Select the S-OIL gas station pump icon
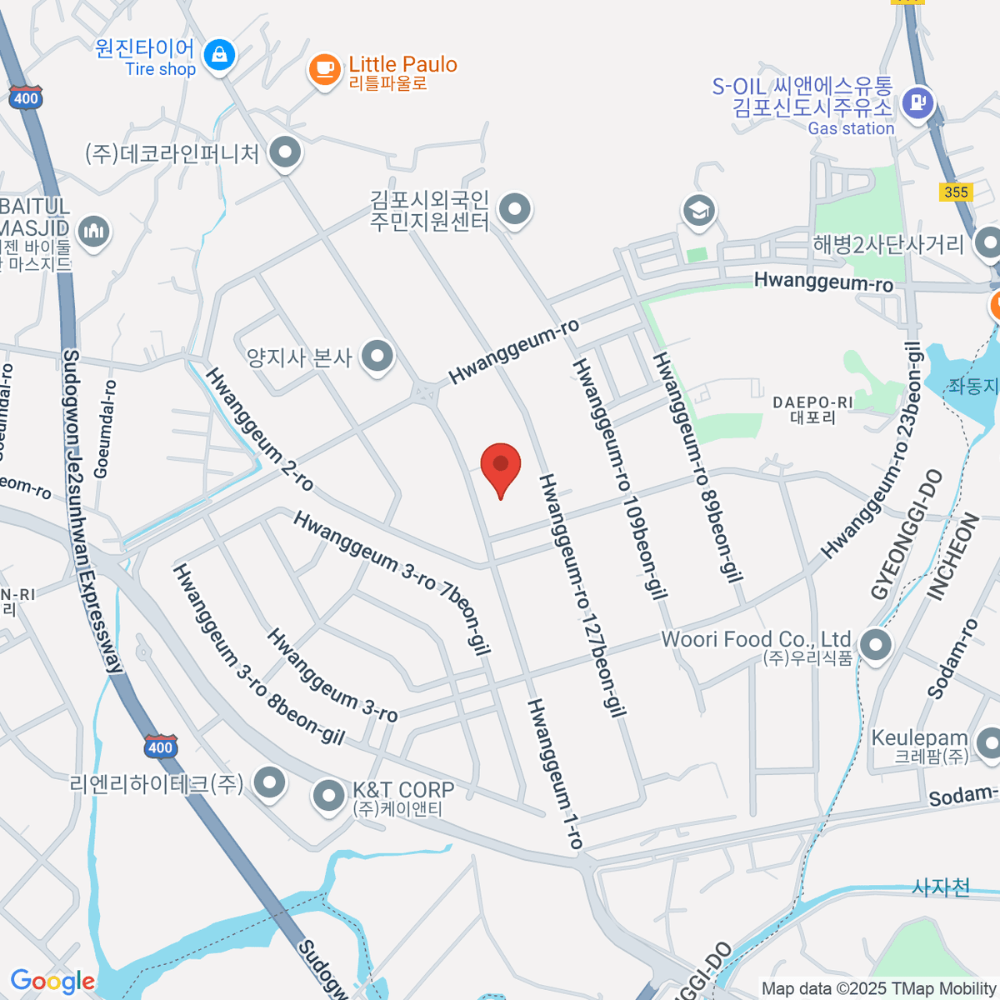tap(918, 103)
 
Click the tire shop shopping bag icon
tap(219, 56)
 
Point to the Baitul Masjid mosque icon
tap(93, 231)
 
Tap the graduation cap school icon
tap(698, 210)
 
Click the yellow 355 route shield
tap(956, 192)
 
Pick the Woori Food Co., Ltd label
tap(756, 640)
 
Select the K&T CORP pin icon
tap(328, 796)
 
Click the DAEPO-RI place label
tap(812, 410)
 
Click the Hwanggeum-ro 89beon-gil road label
tap(697, 466)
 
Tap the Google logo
tap(52, 982)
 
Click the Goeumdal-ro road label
tap(106, 429)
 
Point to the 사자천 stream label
tap(941, 887)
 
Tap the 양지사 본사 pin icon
tap(377, 357)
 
